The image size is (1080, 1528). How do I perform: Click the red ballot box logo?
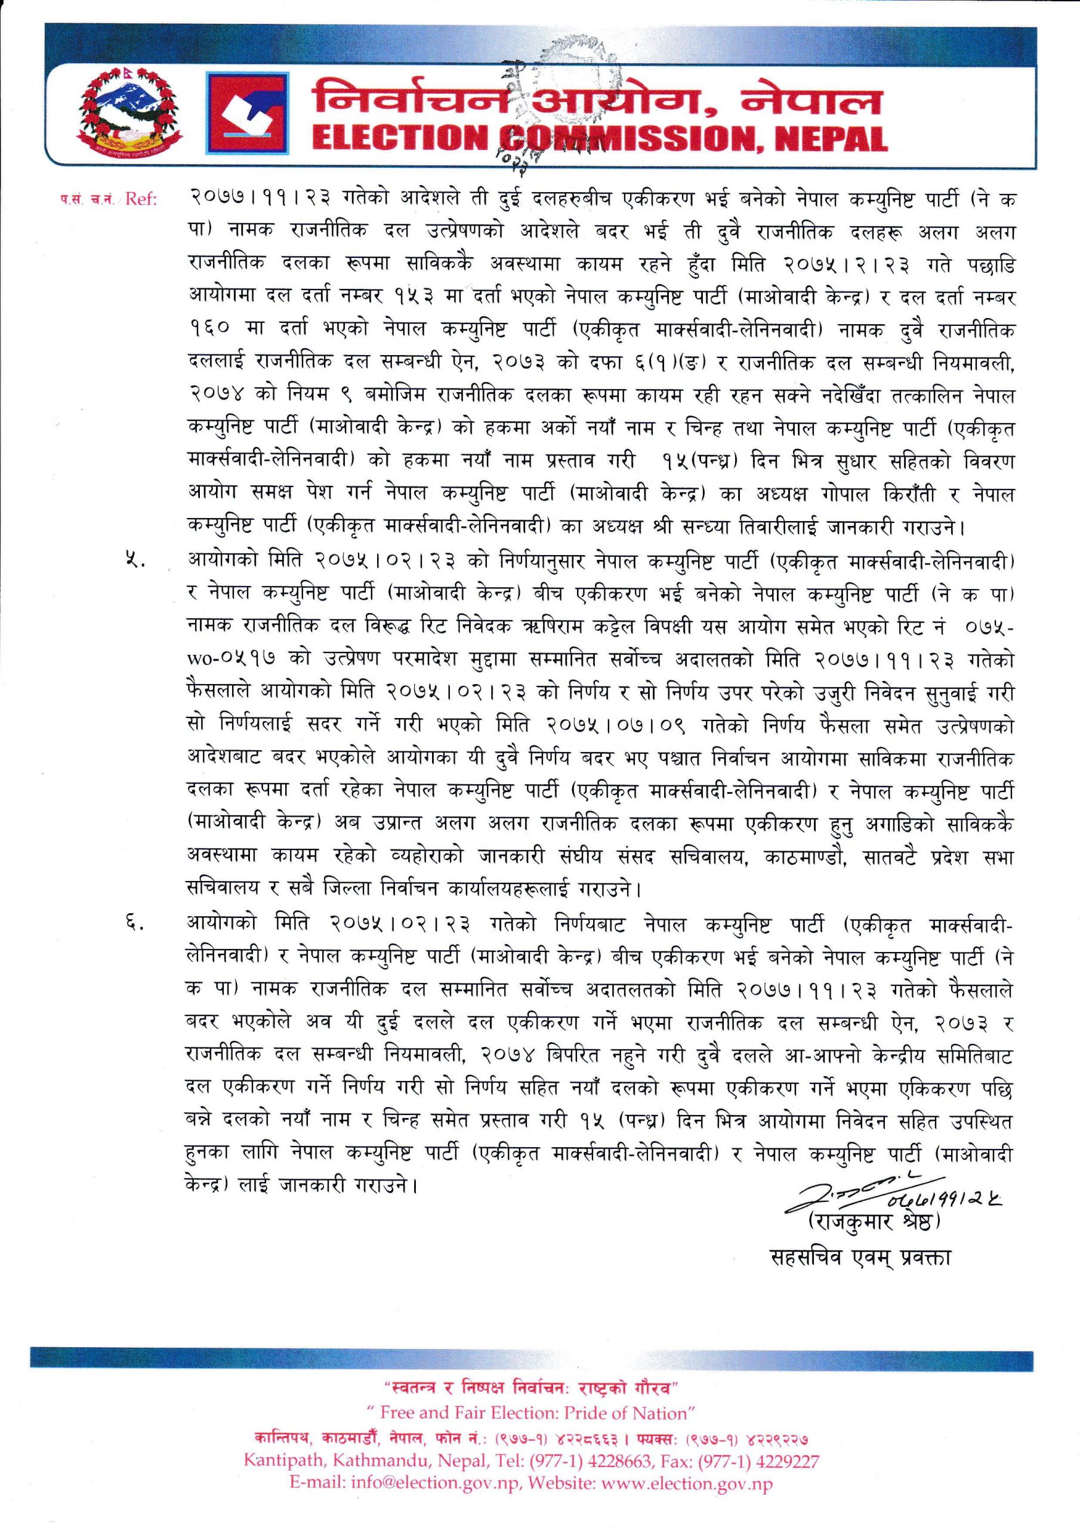coord(246,114)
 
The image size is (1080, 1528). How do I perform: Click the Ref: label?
coord(139,199)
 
